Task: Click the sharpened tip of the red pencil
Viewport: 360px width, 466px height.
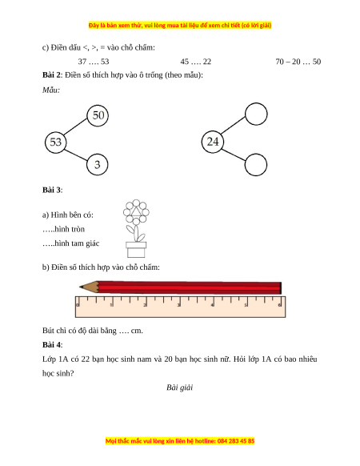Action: point(80,287)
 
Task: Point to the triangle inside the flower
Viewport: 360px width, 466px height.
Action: point(136,211)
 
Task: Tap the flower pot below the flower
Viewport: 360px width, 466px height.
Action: point(136,250)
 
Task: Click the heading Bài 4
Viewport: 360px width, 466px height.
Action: point(52,345)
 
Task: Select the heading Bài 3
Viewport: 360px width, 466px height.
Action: point(52,190)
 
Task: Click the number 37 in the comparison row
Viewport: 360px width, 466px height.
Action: point(82,62)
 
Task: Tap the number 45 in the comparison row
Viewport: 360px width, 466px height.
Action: point(185,62)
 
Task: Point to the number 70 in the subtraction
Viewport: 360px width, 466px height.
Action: point(280,62)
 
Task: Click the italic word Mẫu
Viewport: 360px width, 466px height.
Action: point(50,90)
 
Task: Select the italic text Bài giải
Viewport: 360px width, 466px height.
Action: point(180,388)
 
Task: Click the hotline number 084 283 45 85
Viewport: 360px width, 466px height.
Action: point(236,440)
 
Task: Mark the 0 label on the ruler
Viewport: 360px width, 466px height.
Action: point(78,305)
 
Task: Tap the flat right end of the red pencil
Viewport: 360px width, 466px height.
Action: point(280,288)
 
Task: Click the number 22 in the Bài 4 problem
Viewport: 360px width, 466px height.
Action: point(86,359)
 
